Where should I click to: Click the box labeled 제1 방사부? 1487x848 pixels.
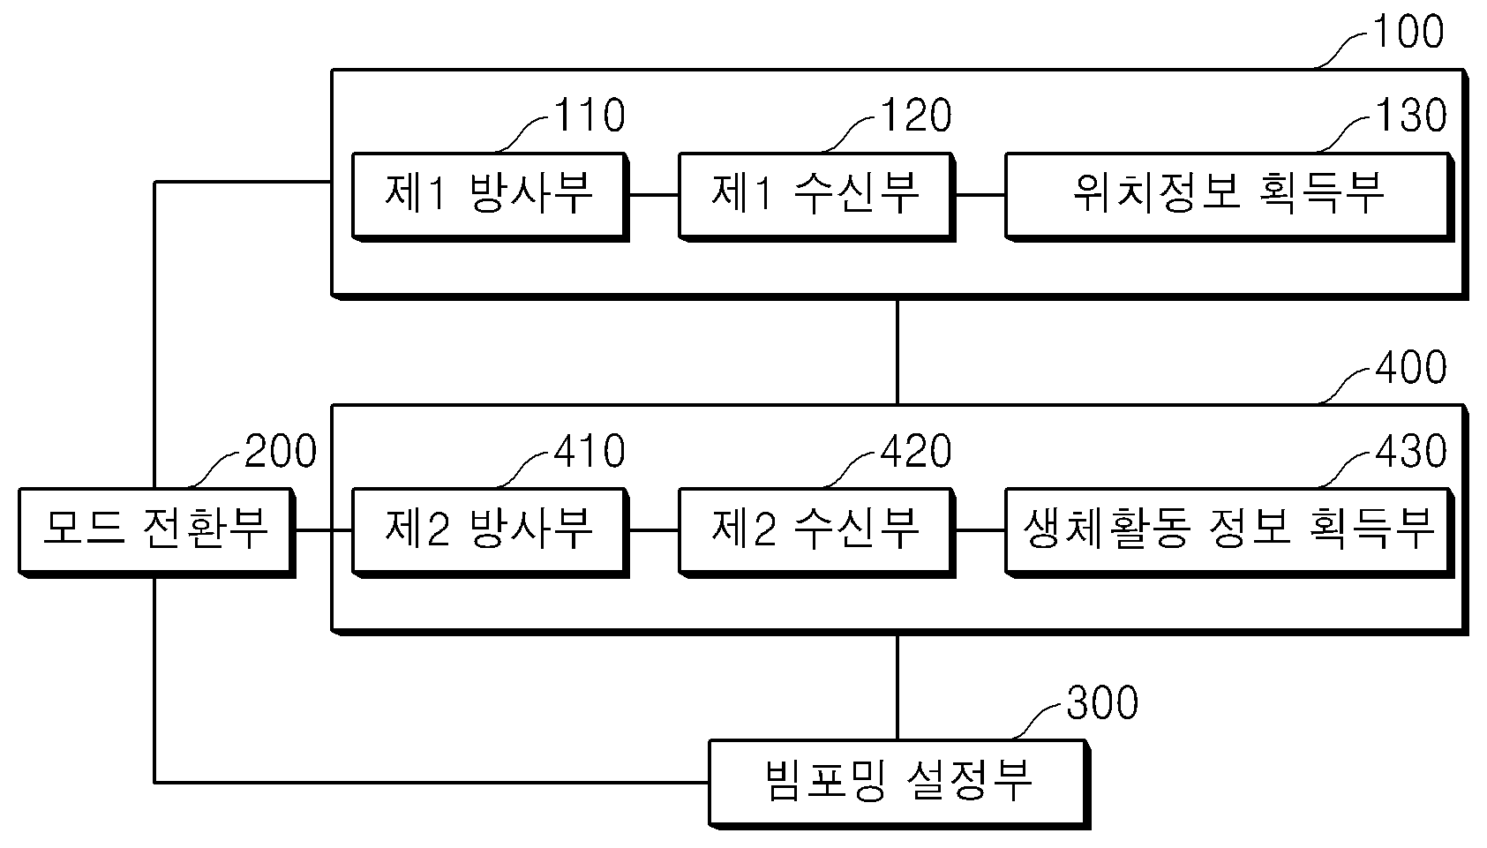tap(490, 197)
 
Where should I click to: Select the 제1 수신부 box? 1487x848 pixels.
tap(816, 197)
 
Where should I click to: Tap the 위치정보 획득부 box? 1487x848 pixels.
tap(1229, 197)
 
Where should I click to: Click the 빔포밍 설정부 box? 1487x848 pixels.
tap(899, 784)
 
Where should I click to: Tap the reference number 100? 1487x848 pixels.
tap(1408, 32)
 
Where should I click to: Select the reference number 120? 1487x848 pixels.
tap(916, 116)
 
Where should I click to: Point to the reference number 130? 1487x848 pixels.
tap(1411, 116)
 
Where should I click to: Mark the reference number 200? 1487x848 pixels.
tap(281, 451)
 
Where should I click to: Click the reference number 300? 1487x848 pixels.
tap(1102, 702)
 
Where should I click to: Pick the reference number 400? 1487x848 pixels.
tap(1411, 368)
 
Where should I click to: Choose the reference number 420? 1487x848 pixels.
tap(916, 451)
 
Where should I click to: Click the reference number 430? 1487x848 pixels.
tap(1411, 451)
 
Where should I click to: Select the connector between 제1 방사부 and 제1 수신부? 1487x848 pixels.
tap(653, 195)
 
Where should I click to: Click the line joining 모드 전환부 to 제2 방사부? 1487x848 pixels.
tap(323, 530)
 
